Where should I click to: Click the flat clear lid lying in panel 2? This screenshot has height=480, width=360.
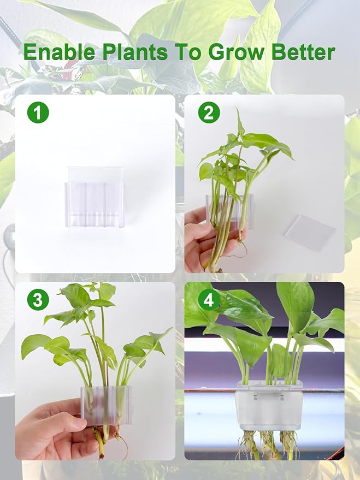[x=310, y=232]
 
